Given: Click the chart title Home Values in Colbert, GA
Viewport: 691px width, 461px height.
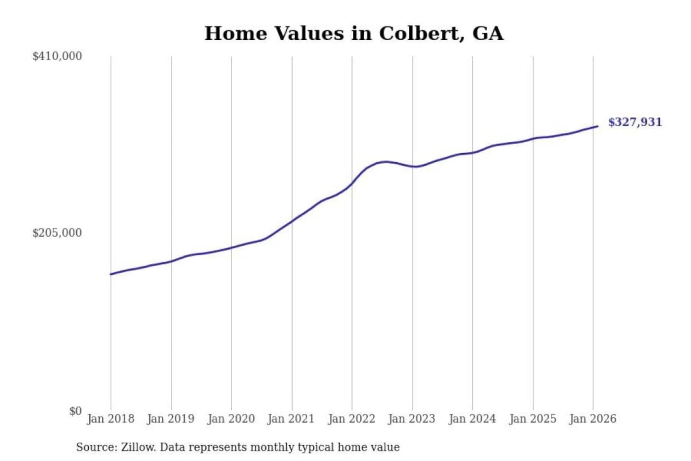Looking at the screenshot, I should coord(354,34).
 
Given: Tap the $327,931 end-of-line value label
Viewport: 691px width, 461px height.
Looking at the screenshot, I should coord(634,122).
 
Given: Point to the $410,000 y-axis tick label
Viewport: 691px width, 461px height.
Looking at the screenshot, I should coord(57,56).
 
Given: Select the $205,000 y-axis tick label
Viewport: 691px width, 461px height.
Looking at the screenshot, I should coord(57,233).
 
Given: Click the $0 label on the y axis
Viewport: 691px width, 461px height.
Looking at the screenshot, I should coord(75,411).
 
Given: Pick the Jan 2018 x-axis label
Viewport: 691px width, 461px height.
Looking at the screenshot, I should coord(110,419).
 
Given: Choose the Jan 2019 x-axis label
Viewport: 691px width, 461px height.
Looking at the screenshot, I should coord(170,419).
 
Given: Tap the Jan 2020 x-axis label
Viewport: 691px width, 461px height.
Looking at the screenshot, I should coord(231,419).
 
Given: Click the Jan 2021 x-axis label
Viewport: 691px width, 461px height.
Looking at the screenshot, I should coord(291,419).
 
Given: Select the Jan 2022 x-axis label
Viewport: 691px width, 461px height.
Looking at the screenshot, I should coord(351,419).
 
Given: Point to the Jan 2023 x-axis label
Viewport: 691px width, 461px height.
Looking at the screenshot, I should coord(411,419).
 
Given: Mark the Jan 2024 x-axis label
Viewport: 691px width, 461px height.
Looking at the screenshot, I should coord(472,419).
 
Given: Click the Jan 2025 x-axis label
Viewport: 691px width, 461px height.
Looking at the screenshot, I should coord(532,419).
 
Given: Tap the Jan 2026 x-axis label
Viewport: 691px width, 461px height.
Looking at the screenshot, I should coord(592,419).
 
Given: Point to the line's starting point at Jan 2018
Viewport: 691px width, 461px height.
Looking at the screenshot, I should coord(111,274).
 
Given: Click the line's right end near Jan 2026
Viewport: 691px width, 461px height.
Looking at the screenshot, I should coord(597,126).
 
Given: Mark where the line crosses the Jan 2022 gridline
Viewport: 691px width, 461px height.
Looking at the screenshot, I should coord(352,184).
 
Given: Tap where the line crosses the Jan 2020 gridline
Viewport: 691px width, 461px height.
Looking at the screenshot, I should coord(231,247).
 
